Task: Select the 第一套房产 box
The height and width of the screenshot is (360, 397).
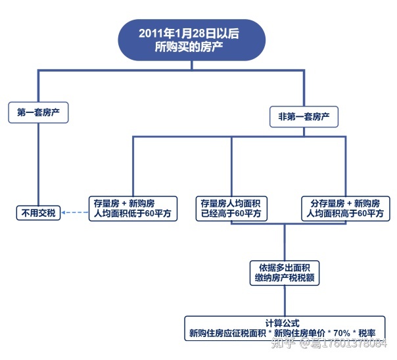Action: point(38,112)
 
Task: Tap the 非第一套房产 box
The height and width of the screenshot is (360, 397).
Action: point(304,118)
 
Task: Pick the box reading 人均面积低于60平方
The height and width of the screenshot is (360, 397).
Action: point(133,208)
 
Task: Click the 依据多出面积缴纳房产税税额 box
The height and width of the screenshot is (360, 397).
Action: point(285,272)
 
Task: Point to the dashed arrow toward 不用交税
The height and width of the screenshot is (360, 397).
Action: point(76,212)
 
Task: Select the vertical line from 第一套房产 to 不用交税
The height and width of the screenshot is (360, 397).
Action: point(39,164)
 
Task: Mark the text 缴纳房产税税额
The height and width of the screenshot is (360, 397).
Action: point(285,278)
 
